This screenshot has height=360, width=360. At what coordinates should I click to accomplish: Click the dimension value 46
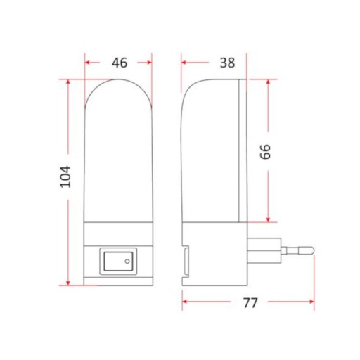click(120, 63)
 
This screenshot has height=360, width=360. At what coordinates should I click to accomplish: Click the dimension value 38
click(227, 63)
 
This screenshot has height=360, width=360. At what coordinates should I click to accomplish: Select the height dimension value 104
click(65, 176)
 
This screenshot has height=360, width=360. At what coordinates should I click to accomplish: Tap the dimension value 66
click(266, 152)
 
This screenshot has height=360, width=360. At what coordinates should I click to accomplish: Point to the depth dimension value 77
click(250, 302)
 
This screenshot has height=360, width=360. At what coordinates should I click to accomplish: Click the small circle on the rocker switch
click(127, 261)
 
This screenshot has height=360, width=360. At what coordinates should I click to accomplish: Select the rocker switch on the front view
click(118, 261)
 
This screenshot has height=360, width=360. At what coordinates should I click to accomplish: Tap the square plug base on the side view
click(264, 250)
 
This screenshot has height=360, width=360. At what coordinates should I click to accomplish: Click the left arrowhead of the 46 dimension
click(87, 63)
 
